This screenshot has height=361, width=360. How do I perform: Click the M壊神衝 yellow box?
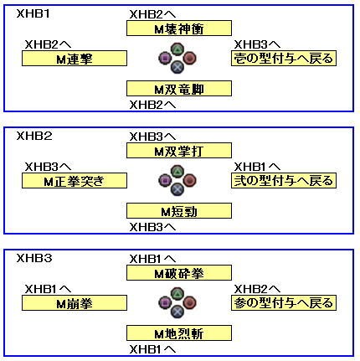click(179, 28)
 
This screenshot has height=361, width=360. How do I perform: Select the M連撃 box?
click(75, 59)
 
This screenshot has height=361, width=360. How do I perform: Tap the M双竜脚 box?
click(179, 89)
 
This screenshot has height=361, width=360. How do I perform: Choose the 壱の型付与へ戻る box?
click(284, 59)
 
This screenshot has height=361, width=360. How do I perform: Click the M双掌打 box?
click(179, 151)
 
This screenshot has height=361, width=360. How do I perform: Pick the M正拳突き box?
click(75, 181)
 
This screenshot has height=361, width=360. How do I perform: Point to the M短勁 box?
click(179, 211)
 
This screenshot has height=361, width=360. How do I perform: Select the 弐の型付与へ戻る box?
click(284, 181)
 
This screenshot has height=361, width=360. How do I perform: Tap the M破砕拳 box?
click(179, 273)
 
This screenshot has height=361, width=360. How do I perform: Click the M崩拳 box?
click(75, 303)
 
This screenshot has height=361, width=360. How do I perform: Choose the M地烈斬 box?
click(179, 333)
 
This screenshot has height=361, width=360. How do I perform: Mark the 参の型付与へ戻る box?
click(284, 303)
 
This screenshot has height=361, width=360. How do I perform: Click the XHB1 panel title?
click(33, 13)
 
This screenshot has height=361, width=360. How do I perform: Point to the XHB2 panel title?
click(34, 136)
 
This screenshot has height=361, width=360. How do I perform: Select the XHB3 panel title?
click(34, 258)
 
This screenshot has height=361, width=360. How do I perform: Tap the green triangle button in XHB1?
click(177, 49)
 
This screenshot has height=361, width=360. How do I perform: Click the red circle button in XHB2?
click(190, 180)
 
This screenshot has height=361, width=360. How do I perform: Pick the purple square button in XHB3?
click(165, 302)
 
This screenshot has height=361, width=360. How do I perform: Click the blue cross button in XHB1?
click(177, 67)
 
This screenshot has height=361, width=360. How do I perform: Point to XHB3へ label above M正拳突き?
click(48, 167)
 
